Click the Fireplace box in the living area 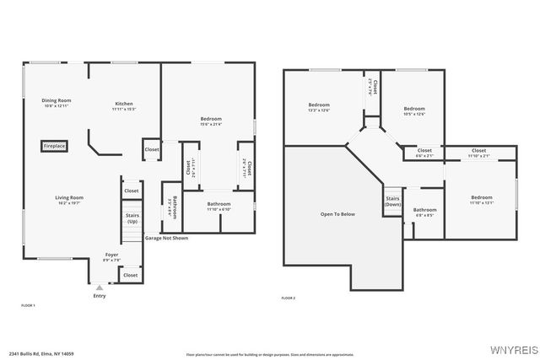pos(55,146)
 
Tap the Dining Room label pos(57,101)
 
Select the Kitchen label pos(124,105)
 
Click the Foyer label pos(111,255)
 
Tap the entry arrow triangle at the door pos(100,287)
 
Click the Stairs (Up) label pos(132,218)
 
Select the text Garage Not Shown pos(166,238)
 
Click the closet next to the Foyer pos(131,275)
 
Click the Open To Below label pos(337,214)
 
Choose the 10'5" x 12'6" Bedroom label pos(414,110)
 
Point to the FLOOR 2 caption pos(289,298)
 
